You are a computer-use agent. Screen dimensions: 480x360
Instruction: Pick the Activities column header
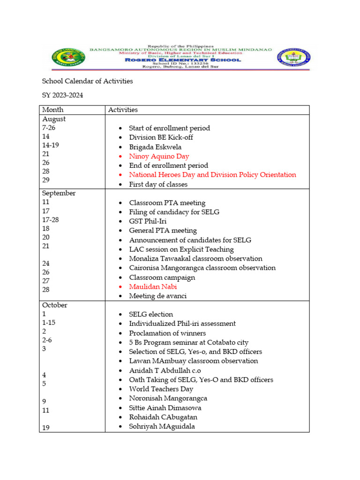pyautogui.click(x=123, y=110)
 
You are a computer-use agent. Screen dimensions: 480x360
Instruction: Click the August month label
pyautogui.click(x=54, y=119)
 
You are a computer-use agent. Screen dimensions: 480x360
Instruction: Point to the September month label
pyautogui.click(x=59, y=193)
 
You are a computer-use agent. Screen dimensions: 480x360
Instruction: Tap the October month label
pyautogui.click(x=54, y=305)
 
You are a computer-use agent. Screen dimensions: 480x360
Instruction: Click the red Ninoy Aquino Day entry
pyautogui.click(x=159, y=156)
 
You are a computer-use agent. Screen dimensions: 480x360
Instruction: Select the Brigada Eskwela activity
pyautogui.click(x=155, y=147)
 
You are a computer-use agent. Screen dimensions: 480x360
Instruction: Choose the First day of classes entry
pyautogui.click(x=158, y=184)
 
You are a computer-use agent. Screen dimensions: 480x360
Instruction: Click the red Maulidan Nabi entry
pyautogui.click(x=153, y=286)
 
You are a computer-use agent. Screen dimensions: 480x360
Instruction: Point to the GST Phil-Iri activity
pyautogui.click(x=148, y=221)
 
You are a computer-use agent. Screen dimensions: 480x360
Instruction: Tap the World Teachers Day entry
pyautogui.click(x=161, y=389)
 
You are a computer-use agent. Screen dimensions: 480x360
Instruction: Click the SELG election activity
pyautogui.click(x=151, y=315)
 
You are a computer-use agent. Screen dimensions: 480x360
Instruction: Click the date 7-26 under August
pyautogui.click(x=48, y=127)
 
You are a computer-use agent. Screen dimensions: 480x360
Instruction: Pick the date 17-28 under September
pyautogui.click(x=51, y=219)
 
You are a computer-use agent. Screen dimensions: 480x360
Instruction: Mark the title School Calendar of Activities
pyautogui.click(x=87, y=81)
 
